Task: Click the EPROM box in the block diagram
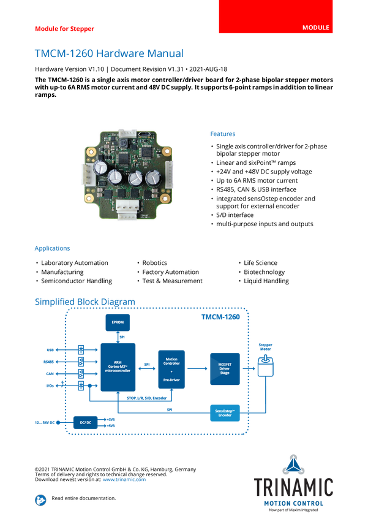point(118,322)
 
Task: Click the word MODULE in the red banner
point(316,28)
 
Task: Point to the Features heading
point(223,134)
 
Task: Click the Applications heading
point(52,248)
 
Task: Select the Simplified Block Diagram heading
point(84,302)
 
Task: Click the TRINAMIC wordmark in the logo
point(294,487)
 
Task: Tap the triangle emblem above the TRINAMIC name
point(295,463)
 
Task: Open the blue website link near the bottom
point(124,479)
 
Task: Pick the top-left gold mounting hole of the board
point(90,150)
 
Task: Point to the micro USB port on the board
point(143,134)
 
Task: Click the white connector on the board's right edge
point(168,174)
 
